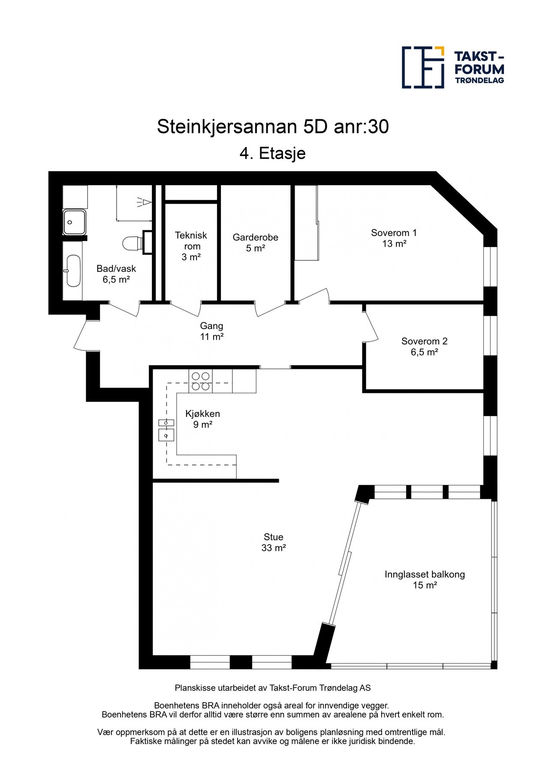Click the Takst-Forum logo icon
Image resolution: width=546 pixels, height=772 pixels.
[422, 67]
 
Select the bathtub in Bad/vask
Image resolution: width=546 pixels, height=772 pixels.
[73, 271]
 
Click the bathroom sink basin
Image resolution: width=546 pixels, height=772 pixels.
[75, 222]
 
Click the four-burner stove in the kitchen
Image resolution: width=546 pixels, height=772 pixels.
[201, 381]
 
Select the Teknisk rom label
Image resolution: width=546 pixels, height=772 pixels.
[191, 246]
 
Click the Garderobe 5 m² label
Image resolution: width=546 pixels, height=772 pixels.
[255, 243]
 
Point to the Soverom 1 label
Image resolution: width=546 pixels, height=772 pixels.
[394, 238]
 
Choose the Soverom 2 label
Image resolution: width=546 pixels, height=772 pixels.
[424, 347]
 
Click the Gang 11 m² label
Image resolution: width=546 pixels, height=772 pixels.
[211, 331]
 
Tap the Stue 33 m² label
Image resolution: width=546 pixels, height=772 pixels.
[273, 542]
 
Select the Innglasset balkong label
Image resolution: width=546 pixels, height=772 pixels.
[425, 579]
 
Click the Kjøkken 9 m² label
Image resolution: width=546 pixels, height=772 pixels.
[202, 419]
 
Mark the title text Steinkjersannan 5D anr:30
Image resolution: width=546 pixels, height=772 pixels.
[273, 127]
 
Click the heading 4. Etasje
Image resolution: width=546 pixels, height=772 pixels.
[273, 153]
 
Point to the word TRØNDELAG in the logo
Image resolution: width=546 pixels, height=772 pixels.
[479, 80]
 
